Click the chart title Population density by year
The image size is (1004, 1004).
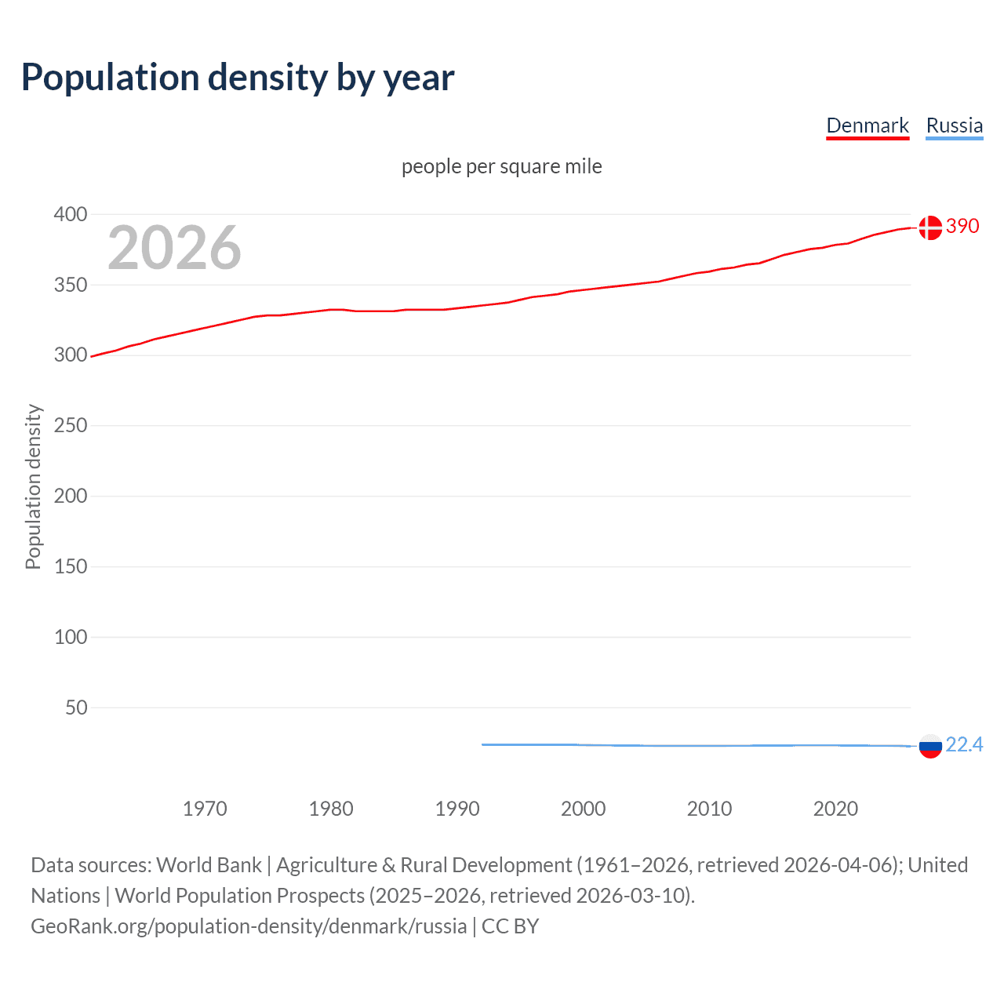click(238, 78)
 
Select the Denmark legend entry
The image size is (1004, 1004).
click(867, 125)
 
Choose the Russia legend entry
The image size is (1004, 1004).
click(954, 125)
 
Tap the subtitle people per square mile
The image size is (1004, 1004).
click(501, 166)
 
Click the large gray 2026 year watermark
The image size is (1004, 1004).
click(174, 248)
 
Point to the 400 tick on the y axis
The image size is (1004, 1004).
click(71, 214)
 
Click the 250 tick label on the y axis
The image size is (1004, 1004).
click(71, 425)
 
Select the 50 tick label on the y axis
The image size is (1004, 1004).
click(76, 708)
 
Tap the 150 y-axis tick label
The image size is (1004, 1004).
click(71, 566)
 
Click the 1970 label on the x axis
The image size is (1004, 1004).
click(205, 809)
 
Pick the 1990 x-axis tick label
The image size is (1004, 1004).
click(457, 809)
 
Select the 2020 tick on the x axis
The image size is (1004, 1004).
click(835, 809)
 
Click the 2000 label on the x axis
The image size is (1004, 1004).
click(583, 809)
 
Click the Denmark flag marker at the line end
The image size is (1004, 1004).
click(930, 227)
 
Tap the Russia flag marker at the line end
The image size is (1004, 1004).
click(930, 746)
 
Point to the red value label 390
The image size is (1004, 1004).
click(962, 226)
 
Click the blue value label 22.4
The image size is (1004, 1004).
click(964, 744)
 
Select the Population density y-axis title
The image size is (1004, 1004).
click(33, 486)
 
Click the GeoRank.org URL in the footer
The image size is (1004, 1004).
click(249, 926)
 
